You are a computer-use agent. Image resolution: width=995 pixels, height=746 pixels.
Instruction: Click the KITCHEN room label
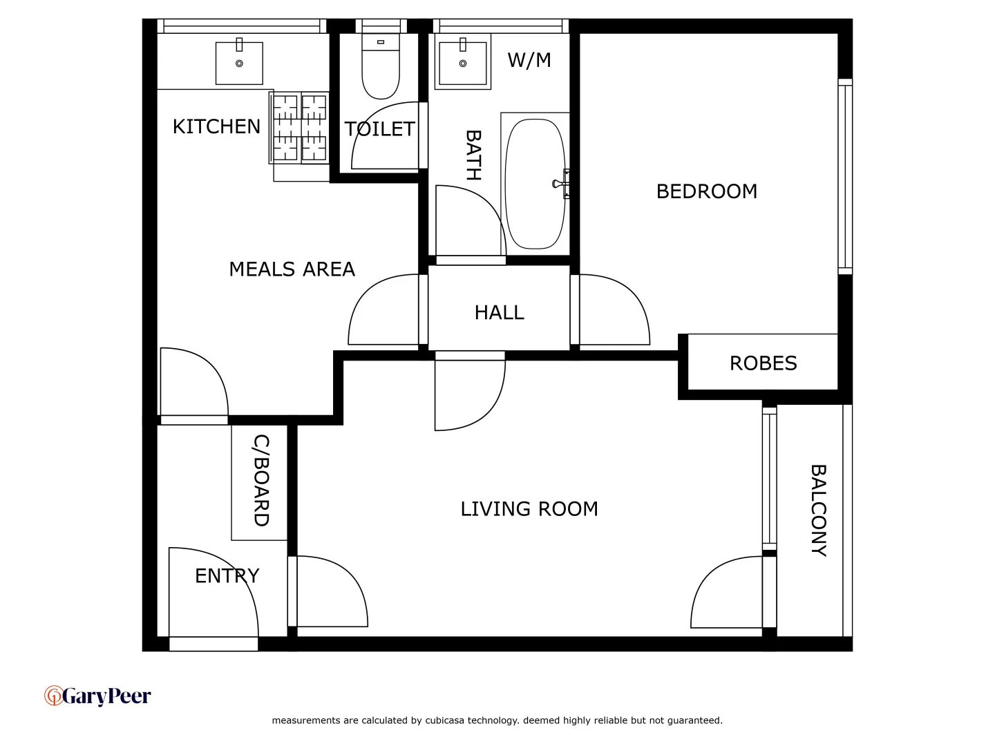(216, 126)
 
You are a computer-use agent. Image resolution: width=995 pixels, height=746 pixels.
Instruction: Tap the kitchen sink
(239, 63)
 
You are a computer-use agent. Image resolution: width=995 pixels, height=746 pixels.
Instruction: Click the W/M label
(529, 60)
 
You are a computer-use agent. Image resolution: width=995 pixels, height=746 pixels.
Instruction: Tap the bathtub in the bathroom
(535, 184)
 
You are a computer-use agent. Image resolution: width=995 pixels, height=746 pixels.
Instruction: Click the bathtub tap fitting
(560, 184)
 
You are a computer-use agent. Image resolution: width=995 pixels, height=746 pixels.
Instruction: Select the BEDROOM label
(706, 191)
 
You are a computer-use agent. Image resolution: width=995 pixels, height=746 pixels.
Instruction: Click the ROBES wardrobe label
(763, 363)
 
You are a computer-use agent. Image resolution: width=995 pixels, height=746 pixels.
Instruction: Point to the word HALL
(499, 313)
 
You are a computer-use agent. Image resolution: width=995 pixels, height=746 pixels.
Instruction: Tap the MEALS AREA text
(292, 269)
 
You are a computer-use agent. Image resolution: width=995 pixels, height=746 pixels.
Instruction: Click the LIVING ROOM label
(529, 509)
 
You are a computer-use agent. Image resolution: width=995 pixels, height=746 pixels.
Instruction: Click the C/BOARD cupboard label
(260, 480)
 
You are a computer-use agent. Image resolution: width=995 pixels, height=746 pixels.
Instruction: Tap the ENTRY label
(227, 576)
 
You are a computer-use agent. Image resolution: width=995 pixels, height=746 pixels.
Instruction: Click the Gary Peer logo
(97, 696)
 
